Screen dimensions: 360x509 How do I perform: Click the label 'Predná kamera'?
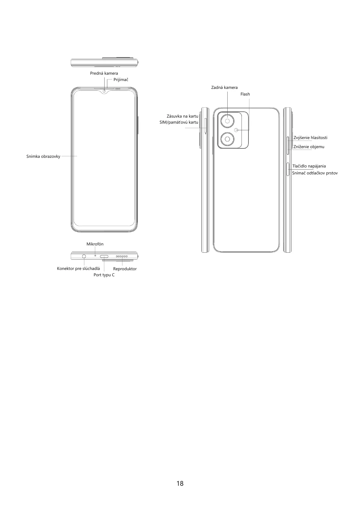104,73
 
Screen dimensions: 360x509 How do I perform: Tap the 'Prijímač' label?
121,80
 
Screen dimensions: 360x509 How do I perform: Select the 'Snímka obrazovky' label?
43,157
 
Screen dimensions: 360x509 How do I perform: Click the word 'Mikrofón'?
95,244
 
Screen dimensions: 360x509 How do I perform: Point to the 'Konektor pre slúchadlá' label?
78,269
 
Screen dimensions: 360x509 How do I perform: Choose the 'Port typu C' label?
104,275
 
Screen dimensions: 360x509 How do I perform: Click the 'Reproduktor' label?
125,269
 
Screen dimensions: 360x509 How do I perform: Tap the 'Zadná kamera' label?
224,88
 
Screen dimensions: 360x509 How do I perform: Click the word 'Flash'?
245,94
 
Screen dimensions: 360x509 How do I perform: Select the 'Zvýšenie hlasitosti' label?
310,138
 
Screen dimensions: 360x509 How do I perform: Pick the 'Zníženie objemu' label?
309,147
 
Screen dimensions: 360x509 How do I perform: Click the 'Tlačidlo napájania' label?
309,166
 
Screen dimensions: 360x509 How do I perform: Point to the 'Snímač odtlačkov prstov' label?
315,173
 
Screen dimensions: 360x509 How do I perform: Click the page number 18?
180,483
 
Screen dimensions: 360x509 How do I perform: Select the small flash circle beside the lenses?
236,130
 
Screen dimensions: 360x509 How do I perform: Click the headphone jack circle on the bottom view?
84,256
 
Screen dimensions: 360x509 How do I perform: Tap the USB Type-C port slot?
104,257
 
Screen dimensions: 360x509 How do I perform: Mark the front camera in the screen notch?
104,91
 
